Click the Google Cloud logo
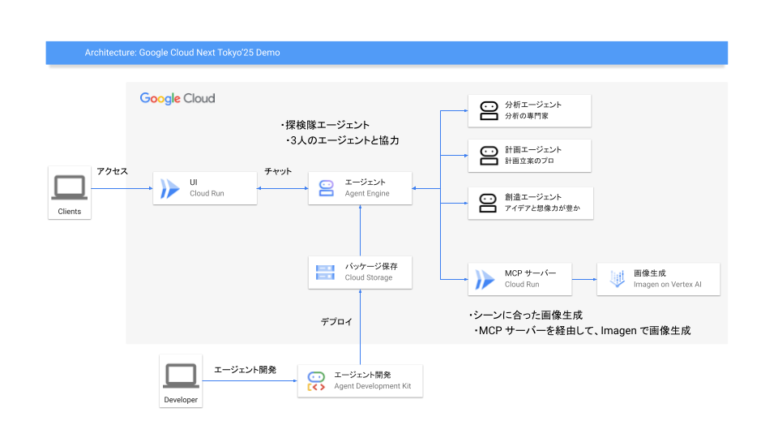(177, 98)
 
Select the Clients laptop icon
(70, 187)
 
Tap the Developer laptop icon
(181, 376)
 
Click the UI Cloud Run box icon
(169, 189)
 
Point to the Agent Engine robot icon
(326, 188)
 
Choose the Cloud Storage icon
(325, 273)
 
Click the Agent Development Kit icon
(316, 381)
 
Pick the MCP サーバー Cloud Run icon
(485, 280)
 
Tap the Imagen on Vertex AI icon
(617, 279)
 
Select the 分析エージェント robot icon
(489, 111)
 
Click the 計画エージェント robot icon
(489, 156)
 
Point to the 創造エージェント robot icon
(488, 203)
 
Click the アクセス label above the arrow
(112, 171)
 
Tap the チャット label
(278, 171)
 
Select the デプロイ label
(336, 322)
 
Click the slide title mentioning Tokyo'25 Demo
(182, 53)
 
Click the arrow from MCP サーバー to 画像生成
(584, 280)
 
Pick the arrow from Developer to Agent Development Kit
(250, 381)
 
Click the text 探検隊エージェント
(327, 125)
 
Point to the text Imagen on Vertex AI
(667, 285)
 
